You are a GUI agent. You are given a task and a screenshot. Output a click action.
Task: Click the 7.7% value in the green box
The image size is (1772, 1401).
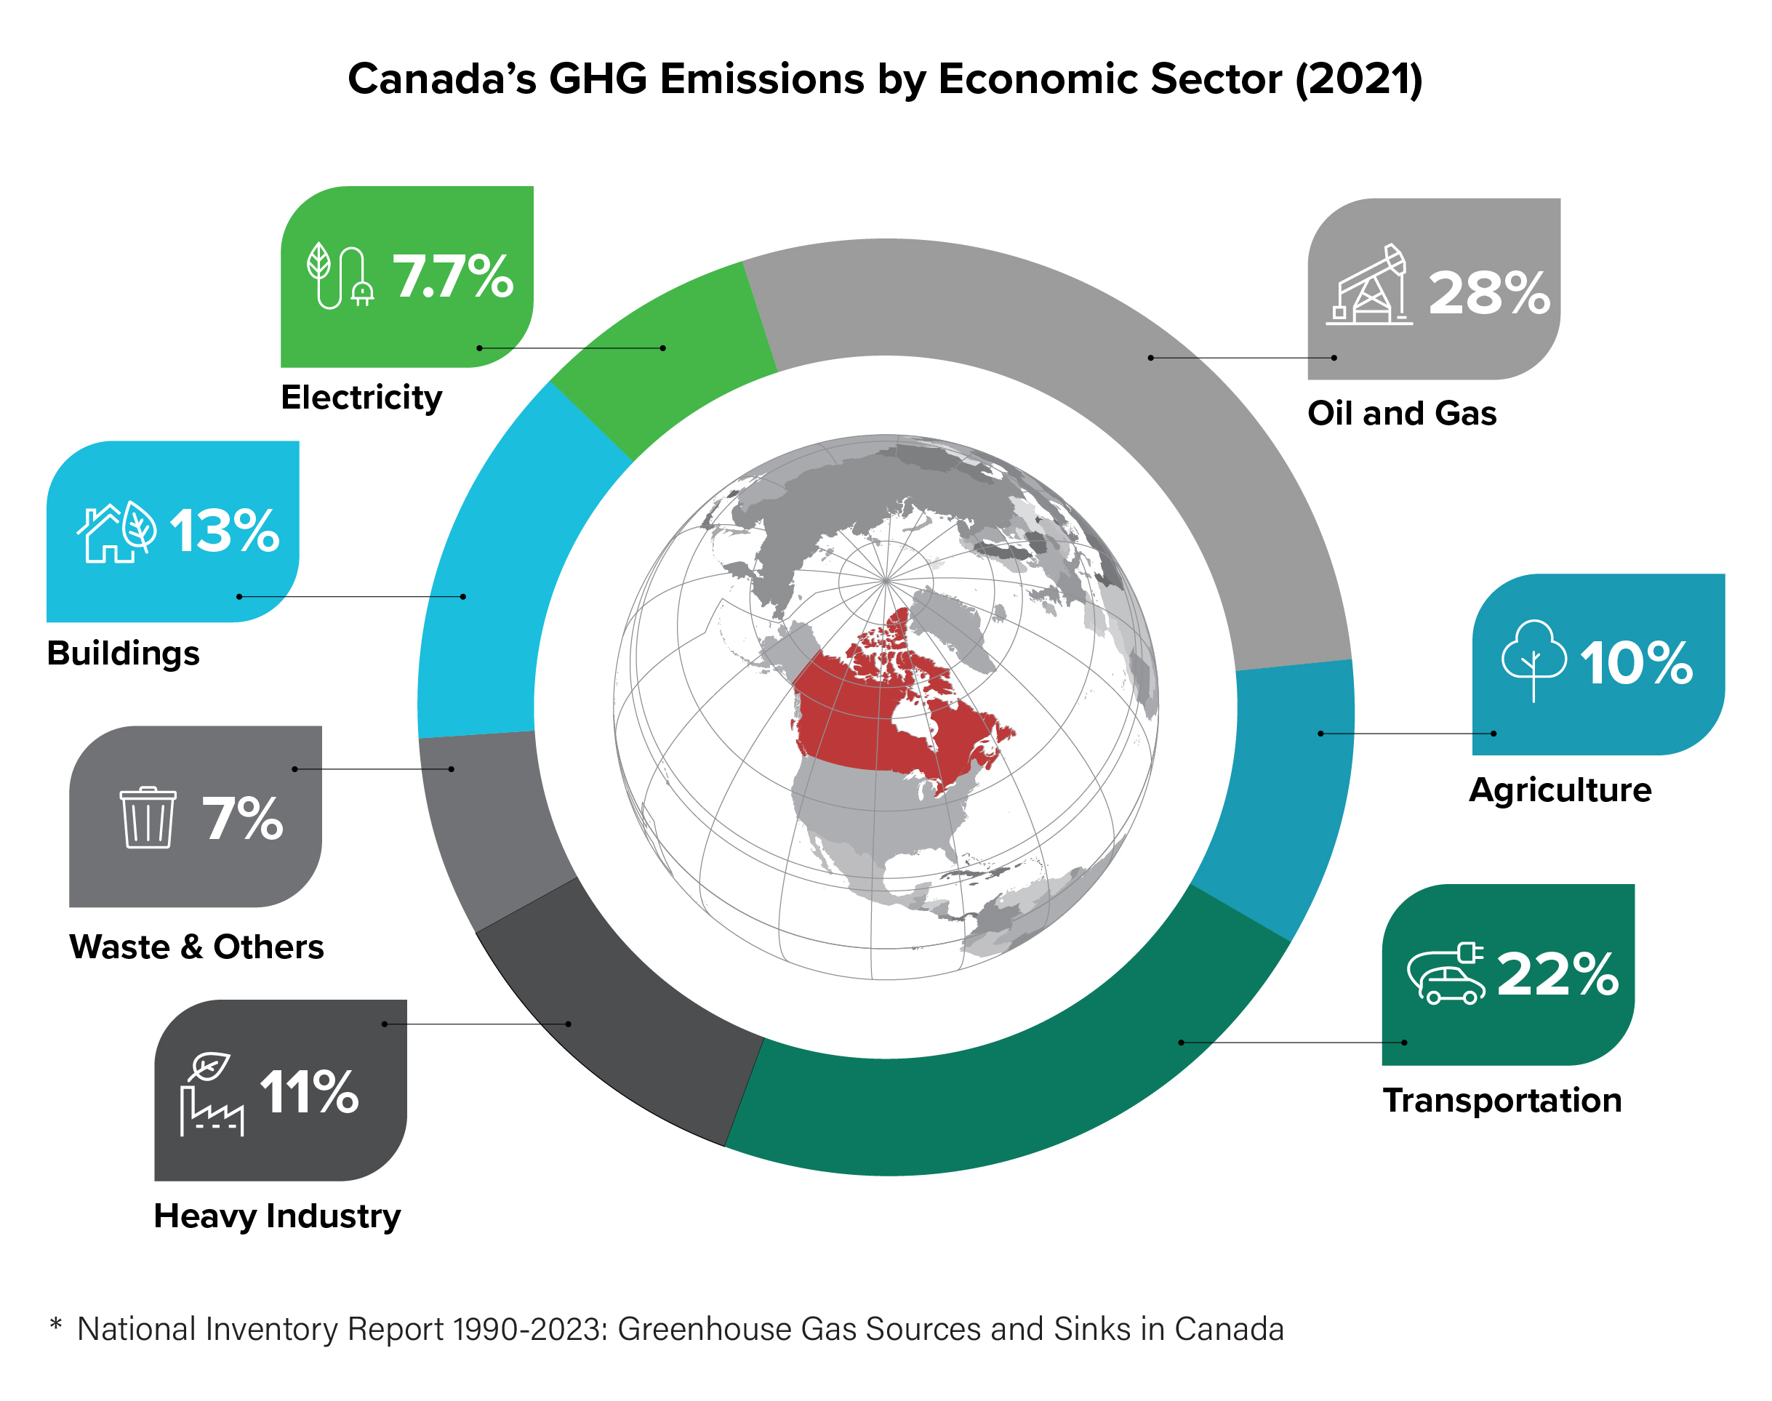pos(452,276)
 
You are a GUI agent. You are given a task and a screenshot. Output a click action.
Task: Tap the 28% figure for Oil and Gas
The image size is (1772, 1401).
pos(1488,293)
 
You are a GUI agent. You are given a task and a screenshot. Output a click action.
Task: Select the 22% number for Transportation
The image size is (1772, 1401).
pos(1556,974)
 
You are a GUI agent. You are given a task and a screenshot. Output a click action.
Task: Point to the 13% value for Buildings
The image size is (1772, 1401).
pos(225,531)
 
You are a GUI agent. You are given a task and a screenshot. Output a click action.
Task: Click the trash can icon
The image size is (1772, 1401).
pos(148,817)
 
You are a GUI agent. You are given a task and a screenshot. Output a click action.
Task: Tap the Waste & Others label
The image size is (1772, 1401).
pos(196,947)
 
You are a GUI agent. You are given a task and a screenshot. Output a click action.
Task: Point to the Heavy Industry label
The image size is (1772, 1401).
pos(277,1216)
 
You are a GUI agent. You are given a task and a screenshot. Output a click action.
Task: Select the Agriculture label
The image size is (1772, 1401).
pos(1560,790)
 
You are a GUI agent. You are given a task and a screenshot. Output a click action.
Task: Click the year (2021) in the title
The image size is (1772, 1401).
pos(1358,79)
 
